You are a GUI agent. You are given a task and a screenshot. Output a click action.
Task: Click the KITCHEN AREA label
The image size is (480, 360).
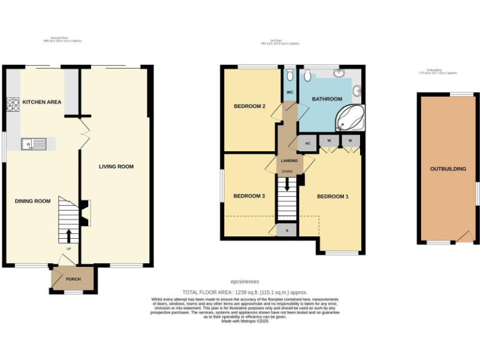point(42,101)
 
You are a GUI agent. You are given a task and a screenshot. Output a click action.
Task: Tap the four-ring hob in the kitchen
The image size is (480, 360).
point(12,104)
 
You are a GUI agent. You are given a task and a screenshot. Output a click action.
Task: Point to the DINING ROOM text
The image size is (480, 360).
point(32,201)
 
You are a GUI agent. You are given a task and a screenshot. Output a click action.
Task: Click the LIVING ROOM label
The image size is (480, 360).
point(116,166)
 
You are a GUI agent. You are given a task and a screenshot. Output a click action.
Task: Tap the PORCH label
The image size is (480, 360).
point(73,279)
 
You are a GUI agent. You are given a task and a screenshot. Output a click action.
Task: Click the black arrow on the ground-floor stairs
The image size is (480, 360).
point(68,236)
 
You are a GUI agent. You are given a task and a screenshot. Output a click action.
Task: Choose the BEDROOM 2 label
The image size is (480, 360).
point(250,106)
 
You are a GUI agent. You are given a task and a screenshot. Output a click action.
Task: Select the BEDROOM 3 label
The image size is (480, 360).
point(249,196)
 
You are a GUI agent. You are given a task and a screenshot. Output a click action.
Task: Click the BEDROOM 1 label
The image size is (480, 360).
point(332,196)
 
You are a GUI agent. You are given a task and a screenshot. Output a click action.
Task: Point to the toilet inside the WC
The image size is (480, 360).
point(290,76)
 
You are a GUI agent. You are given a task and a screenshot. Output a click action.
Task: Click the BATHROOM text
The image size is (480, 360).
point(327,99)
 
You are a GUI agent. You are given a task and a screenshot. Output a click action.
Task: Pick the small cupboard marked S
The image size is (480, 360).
point(287,230)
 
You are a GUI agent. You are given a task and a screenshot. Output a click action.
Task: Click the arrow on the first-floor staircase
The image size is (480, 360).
point(287,184)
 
